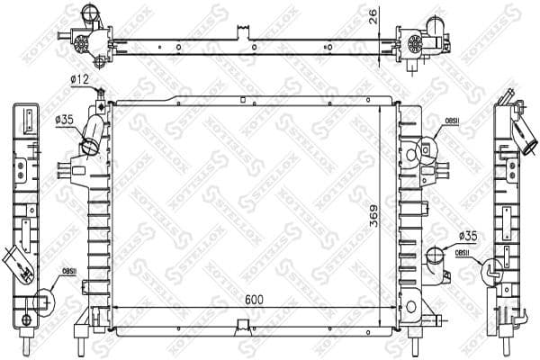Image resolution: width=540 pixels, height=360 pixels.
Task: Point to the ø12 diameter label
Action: [79, 81]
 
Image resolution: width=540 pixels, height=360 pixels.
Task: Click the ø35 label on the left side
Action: [64, 118]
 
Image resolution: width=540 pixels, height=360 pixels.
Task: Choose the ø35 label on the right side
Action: [467, 237]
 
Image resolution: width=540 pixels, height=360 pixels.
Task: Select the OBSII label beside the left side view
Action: [68, 271]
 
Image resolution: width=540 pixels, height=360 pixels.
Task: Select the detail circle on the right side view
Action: [494, 268]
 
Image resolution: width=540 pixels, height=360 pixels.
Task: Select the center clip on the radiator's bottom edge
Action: [243, 326]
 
